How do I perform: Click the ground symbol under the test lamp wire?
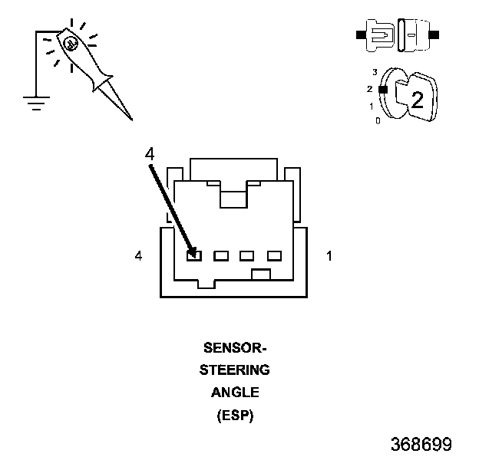(x=36, y=103)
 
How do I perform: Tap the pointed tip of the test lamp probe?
(x=132, y=120)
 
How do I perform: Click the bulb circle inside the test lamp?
(x=71, y=44)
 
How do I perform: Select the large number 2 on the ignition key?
(x=418, y=100)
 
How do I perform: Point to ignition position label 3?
(x=375, y=72)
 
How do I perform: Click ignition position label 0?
(x=378, y=121)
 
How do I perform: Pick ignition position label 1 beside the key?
(x=372, y=107)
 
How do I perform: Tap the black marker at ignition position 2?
(x=383, y=90)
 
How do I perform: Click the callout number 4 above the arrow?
(x=150, y=154)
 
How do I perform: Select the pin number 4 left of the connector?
(x=138, y=255)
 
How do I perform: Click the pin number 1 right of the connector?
(x=329, y=255)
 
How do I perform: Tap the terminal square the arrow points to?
(x=194, y=255)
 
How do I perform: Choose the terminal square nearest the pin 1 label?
(x=274, y=255)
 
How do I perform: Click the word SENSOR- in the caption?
(x=235, y=348)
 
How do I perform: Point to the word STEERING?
(x=235, y=370)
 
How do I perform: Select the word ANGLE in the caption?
(x=235, y=393)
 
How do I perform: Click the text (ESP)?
(x=235, y=416)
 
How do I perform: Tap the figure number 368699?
(x=421, y=444)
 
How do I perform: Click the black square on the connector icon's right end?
(x=434, y=34)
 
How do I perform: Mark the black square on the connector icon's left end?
(x=361, y=34)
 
